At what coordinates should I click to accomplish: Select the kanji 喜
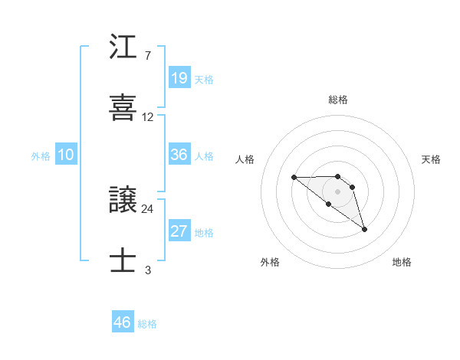point(123,106)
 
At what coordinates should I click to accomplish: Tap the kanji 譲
point(123,201)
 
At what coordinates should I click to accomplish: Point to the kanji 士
point(123,260)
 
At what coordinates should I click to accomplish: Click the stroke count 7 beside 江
point(147,56)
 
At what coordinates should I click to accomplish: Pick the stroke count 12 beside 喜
point(148,117)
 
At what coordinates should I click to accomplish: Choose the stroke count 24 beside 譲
point(148,208)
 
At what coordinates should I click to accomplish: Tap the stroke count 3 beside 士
point(147,270)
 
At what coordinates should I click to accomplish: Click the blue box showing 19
point(179,77)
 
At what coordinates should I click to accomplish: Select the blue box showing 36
point(179,155)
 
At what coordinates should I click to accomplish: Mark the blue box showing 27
point(179,231)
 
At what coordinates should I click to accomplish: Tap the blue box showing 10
point(66,155)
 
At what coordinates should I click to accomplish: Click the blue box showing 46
point(123,322)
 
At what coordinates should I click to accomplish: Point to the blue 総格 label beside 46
point(148,324)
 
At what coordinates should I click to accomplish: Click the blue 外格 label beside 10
point(41,156)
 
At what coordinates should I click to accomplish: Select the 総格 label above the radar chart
point(338,100)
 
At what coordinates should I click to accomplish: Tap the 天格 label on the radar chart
point(432,159)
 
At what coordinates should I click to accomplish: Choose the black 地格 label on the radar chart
point(402,262)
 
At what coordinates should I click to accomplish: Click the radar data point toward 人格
point(294,177)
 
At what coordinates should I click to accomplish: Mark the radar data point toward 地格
point(364,229)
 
